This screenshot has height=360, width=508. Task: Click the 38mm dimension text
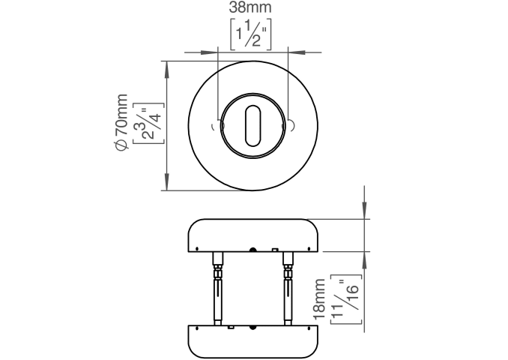[250, 7]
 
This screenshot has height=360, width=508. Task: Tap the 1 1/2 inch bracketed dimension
[251, 34]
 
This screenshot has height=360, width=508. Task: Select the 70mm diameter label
[121, 122]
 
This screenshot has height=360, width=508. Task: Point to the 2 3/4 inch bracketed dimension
[148, 123]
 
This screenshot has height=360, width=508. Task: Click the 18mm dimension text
[318, 298]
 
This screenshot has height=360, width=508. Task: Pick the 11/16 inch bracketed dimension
[345, 299]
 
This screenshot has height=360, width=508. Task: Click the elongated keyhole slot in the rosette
[253, 125]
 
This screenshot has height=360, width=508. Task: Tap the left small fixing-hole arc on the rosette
[214, 126]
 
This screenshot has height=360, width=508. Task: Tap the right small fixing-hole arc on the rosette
[292, 126]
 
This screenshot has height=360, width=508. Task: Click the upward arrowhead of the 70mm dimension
[167, 70]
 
